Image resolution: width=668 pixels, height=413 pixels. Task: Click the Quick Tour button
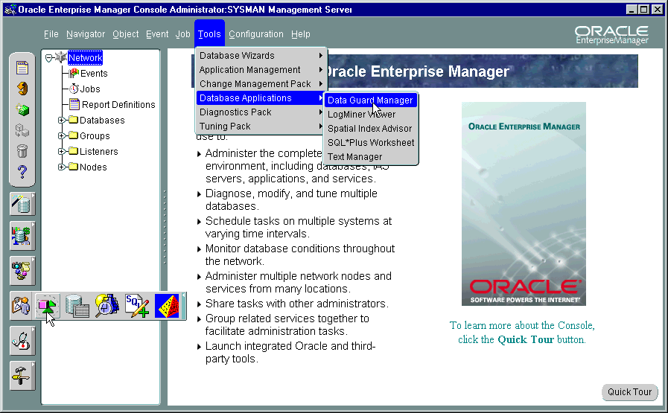tap(629, 392)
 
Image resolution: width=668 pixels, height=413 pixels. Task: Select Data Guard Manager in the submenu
tap(370, 100)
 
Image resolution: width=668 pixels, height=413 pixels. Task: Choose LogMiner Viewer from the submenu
tap(361, 115)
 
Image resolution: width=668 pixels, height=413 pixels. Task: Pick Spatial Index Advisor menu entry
tap(369, 129)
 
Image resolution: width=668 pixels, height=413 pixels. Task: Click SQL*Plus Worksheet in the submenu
tap(371, 143)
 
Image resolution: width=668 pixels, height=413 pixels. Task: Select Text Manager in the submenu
tap(354, 157)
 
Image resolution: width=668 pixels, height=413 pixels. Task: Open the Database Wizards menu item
tap(237, 56)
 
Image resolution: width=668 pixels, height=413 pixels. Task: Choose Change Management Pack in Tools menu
tap(255, 84)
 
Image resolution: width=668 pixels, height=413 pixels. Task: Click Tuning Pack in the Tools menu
tap(225, 127)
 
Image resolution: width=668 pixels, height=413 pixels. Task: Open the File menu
tap(51, 34)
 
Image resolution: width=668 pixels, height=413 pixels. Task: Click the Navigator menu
tap(86, 34)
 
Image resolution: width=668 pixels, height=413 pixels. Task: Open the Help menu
tap(301, 34)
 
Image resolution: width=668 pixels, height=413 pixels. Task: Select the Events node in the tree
tap(94, 74)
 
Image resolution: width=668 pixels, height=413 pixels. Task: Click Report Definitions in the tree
tap(118, 105)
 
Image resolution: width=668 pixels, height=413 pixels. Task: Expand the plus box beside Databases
tap(62, 121)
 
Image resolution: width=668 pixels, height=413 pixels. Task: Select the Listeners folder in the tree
tap(98, 152)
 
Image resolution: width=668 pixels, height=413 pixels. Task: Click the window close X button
tap(656, 10)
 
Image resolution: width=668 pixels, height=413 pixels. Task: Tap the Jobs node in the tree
tap(90, 89)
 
